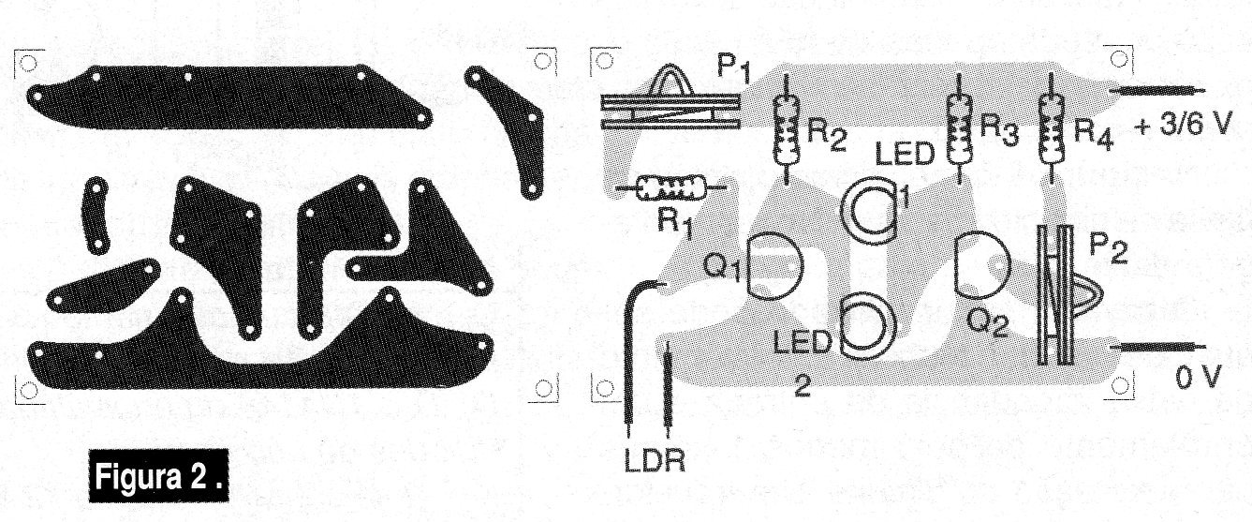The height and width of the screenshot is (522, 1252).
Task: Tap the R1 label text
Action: click(x=674, y=224)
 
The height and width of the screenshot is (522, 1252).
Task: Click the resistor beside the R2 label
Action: click(x=786, y=128)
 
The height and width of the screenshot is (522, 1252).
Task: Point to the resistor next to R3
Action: click(x=960, y=127)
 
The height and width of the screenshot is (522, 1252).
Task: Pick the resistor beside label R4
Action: click(x=1052, y=127)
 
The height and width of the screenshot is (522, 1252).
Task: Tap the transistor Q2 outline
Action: click(x=981, y=266)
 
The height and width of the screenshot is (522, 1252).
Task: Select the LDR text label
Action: click(x=654, y=460)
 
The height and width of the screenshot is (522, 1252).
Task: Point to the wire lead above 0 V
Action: click(x=1157, y=348)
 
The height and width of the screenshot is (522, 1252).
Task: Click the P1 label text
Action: click(x=734, y=67)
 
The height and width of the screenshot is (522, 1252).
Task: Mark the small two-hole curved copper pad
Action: click(x=96, y=216)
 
